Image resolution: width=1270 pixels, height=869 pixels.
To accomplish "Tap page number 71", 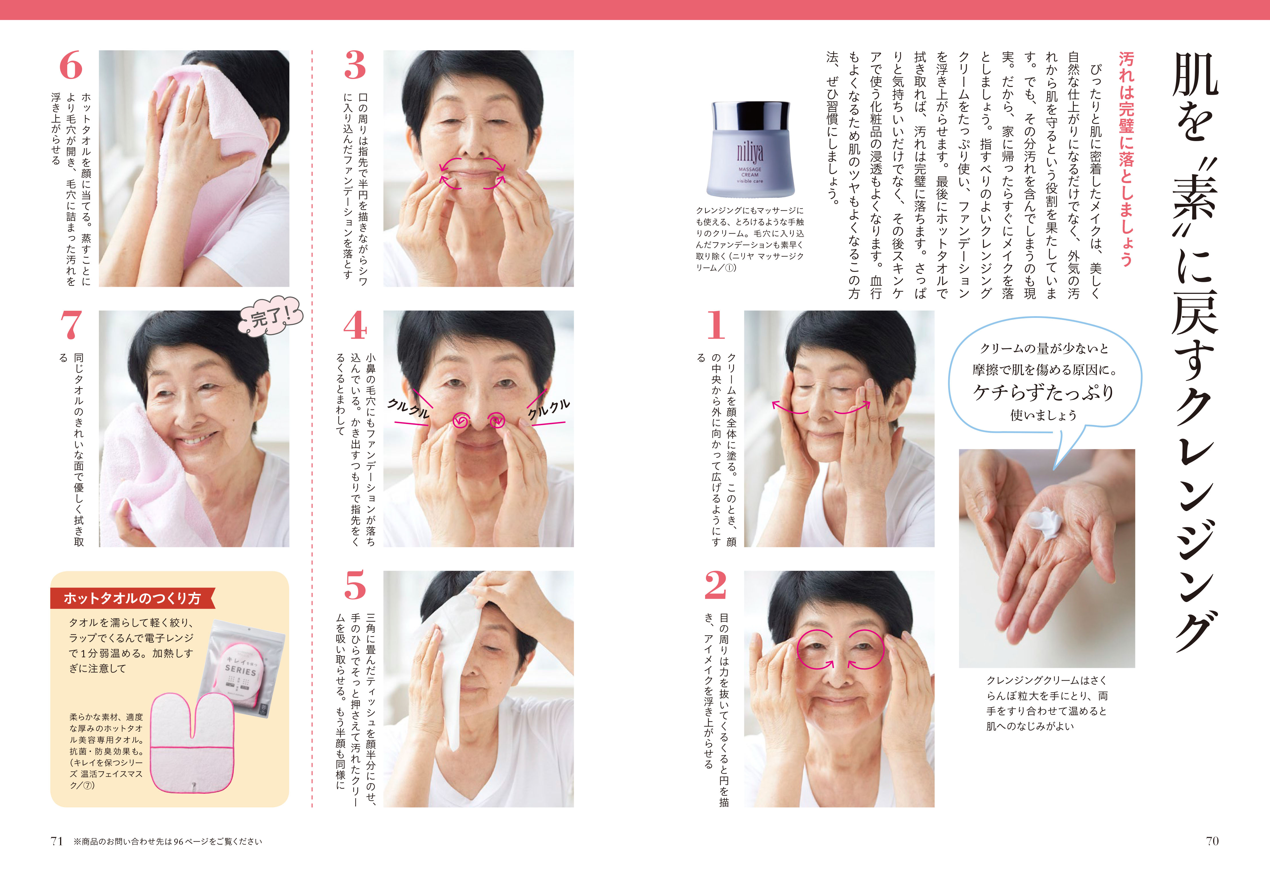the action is click(57, 841).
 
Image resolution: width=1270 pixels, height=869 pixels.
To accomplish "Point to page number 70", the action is click(1212, 841).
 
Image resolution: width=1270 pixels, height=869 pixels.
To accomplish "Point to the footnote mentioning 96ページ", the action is click(168, 842).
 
